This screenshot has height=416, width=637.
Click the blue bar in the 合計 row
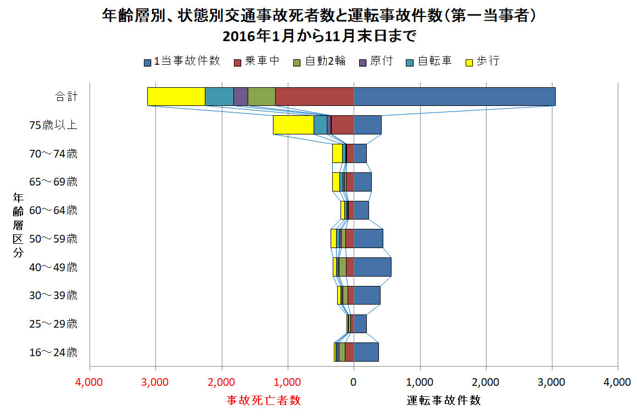pyautogui.click(x=454, y=97)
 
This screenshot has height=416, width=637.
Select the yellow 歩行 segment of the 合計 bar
pyautogui.click(x=176, y=97)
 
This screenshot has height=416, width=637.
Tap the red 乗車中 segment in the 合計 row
pyautogui.click(x=314, y=97)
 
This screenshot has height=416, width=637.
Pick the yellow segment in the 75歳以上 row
pyautogui.click(x=293, y=125)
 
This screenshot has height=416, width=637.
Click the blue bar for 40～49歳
pyautogui.click(x=372, y=267)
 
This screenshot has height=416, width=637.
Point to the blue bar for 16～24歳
pyautogui.click(x=366, y=352)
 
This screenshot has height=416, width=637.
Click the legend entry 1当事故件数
pyautogui.click(x=182, y=61)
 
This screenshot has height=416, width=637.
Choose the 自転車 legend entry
pyautogui.click(x=429, y=61)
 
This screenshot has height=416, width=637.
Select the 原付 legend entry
pyautogui.click(x=376, y=61)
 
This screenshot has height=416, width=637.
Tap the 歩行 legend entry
pyautogui.click(x=482, y=61)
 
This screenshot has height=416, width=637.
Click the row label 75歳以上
pyautogui.click(x=53, y=125)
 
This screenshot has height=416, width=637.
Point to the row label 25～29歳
pyautogui.click(x=53, y=324)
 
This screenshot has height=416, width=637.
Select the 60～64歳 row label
pyautogui.click(x=53, y=210)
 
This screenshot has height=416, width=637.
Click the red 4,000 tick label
pyautogui.click(x=90, y=383)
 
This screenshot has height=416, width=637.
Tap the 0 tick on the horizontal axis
pyautogui.click(x=354, y=383)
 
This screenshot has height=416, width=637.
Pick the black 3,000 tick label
pyautogui.click(x=552, y=383)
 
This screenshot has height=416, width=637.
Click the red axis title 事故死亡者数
pyautogui.click(x=264, y=401)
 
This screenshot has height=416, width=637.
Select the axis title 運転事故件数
pyautogui.click(x=444, y=401)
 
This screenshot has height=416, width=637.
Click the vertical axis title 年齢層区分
pyautogui.click(x=18, y=224)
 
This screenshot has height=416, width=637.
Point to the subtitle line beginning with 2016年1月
pyautogui.click(x=319, y=37)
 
